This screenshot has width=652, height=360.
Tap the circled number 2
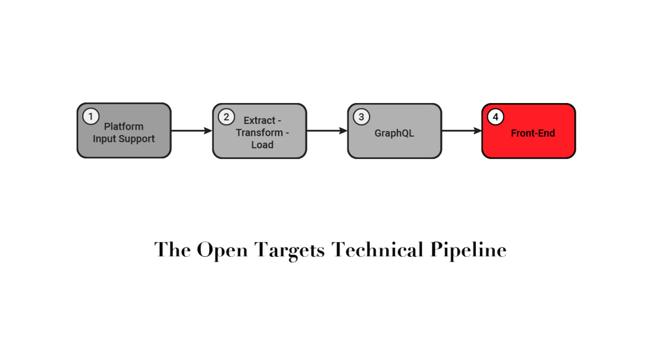click(x=226, y=117)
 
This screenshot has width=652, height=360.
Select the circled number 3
click(x=361, y=117)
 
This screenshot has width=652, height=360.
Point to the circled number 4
click(x=496, y=117)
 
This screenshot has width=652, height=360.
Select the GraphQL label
click(x=394, y=133)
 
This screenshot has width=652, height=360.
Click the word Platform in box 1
click(x=124, y=127)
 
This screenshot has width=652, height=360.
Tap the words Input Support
click(x=124, y=139)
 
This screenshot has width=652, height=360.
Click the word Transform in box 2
click(x=259, y=132)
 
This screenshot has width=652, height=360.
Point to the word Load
click(x=262, y=145)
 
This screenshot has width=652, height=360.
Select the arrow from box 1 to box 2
click(x=191, y=131)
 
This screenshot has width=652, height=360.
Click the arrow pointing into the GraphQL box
click(x=326, y=131)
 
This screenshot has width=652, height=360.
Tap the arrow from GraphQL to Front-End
click(x=461, y=131)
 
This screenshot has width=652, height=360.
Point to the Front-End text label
click(x=533, y=133)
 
